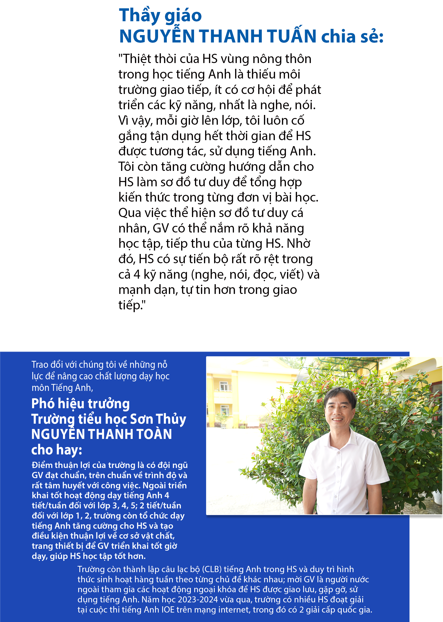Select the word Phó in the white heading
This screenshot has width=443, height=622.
(x=41, y=404)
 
